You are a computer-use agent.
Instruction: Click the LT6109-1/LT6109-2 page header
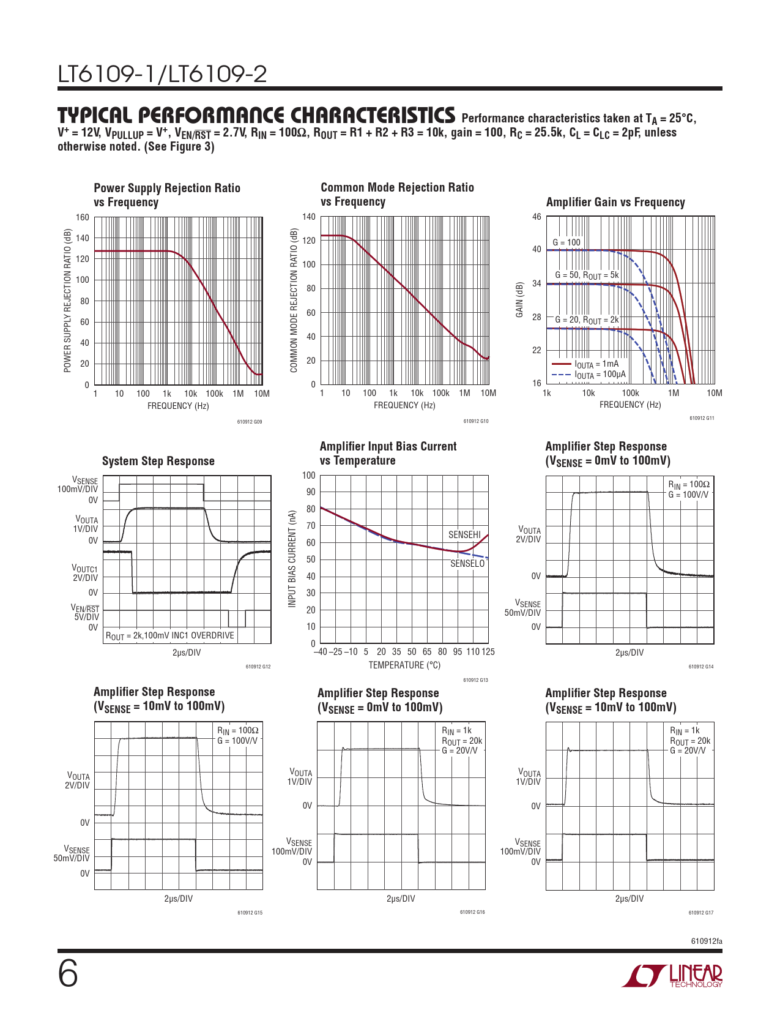[x=163, y=74]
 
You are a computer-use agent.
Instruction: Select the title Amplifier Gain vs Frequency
[x=615, y=202]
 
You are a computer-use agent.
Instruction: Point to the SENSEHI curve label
[x=464, y=534]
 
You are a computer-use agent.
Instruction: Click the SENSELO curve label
[x=467, y=563]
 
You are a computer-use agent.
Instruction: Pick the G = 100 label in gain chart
[x=566, y=242]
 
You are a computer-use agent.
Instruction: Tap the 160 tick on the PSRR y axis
[x=83, y=217]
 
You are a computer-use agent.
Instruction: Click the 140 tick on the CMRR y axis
[x=309, y=217]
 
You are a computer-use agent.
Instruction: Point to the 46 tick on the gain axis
[x=537, y=217]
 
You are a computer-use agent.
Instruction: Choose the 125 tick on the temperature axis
[x=488, y=651]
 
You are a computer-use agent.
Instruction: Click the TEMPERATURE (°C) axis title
[x=404, y=665]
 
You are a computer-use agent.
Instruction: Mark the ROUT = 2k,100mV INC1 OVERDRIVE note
[x=170, y=635]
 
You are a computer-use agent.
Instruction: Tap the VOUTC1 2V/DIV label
[x=85, y=573]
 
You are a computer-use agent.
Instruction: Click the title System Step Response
[x=158, y=461]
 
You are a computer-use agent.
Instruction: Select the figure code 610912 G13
[x=475, y=680]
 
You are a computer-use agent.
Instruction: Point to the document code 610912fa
[x=707, y=941]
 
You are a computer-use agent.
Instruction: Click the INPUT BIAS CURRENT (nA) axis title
[x=292, y=559]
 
